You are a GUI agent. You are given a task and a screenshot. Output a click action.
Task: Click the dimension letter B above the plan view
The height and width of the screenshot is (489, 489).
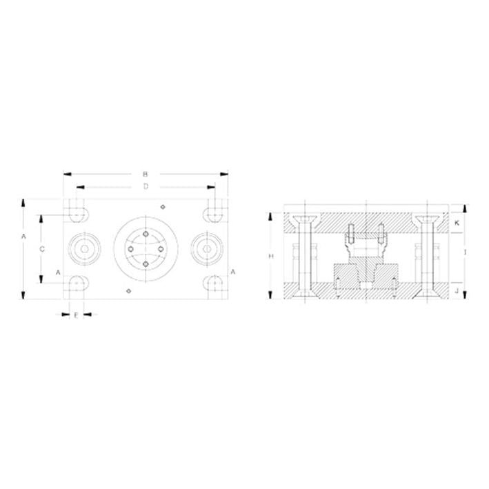[146, 174]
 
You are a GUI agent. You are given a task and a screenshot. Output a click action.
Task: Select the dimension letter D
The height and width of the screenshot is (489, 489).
[146, 186]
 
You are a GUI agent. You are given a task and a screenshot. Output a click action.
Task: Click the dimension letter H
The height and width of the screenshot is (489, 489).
[271, 256]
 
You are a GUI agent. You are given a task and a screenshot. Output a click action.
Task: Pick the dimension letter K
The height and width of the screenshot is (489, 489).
[457, 223]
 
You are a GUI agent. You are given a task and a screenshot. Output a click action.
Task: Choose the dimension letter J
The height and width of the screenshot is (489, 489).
[457, 292]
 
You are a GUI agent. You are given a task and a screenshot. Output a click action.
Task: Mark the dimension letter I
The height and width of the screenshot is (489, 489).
[466, 253]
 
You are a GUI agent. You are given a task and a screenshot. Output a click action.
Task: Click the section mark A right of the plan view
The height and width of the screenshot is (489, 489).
[232, 272]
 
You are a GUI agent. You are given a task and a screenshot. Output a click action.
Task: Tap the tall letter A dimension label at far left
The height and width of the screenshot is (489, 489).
[23, 237]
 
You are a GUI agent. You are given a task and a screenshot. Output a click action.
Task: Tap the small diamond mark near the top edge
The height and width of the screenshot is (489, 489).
[161, 206]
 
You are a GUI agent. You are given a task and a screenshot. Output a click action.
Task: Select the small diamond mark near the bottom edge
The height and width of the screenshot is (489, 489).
[129, 292]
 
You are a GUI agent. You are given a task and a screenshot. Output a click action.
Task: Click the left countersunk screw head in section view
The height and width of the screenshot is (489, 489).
[303, 221]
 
